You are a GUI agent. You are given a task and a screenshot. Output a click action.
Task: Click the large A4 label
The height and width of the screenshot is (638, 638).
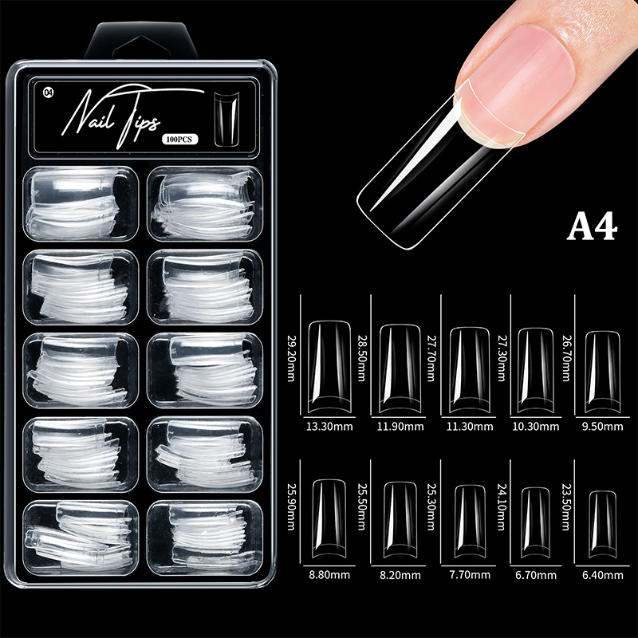pyautogui.click(x=592, y=227)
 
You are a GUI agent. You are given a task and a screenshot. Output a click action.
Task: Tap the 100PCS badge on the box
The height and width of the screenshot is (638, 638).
pyautogui.click(x=180, y=139)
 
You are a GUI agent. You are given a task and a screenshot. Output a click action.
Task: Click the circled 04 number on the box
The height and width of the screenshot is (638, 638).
pyautogui.click(x=48, y=93)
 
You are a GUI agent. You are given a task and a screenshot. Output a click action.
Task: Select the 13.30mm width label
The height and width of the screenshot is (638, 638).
pyautogui.click(x=329, y=427)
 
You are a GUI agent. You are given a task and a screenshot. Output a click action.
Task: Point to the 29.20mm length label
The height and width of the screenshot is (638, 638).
pyautogui.click(x=291, y=358)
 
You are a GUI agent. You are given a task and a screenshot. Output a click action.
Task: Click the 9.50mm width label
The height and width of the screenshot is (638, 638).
pyautogui.click(x=602, y=427)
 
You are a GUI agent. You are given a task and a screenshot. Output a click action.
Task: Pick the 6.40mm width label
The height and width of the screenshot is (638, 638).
pyautogui.click(x=603, y=575)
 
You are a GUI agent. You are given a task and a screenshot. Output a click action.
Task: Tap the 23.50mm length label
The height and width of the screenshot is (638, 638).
pyautogui.click(x=565, y=507)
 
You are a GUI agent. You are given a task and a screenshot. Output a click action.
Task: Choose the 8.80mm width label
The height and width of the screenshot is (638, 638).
pyautogui.click(x=329, y=575)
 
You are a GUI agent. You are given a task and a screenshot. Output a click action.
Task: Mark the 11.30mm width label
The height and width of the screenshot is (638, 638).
pyautogui.click(x=470, y=427)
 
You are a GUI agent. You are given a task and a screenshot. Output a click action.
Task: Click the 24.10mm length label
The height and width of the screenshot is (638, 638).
pyautogui.click(x=502, y=507)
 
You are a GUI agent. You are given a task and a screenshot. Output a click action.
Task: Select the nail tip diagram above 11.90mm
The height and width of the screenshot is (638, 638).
pyautogui.click(x=400, y=368)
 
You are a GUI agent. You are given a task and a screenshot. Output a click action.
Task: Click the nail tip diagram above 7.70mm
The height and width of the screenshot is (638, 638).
pyautogui.click(x=470, y=522)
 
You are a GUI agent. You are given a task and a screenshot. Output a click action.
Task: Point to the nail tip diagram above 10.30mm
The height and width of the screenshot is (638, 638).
pyautogui.click(x=535, y=370)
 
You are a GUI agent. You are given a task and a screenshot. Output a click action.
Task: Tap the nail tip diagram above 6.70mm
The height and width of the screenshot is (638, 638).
pyautogui.click(x=535, y=522)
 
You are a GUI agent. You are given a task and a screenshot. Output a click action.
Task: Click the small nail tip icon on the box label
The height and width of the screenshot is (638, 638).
pyautogui.click(x=226, y=119)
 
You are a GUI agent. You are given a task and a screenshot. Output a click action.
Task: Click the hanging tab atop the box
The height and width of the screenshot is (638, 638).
pyautogui.click(x=141, y=41)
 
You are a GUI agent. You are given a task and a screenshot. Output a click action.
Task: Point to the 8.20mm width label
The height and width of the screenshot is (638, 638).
pyautogui.click(x=400, y=575)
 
